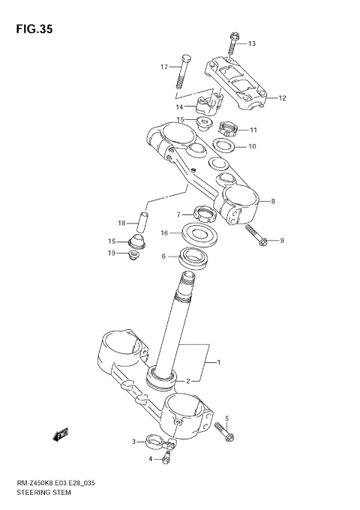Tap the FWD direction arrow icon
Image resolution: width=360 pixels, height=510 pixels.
click(x=60, y=434)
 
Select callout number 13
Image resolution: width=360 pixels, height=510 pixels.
click(x=252, y=43)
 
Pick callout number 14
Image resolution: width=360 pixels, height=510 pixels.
click(x=179, y=107)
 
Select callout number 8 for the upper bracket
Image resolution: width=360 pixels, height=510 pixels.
click(x=273, y=201)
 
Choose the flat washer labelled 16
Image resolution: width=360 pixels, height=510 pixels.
click(x=200, y=234)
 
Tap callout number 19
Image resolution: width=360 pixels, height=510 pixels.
click(x=111, y=253)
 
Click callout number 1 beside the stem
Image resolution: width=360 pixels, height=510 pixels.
click(x=218, y=363)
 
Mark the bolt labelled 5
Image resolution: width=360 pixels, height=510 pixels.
click(x=223, y=430)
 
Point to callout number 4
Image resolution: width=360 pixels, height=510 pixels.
click(x=150, y=458)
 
